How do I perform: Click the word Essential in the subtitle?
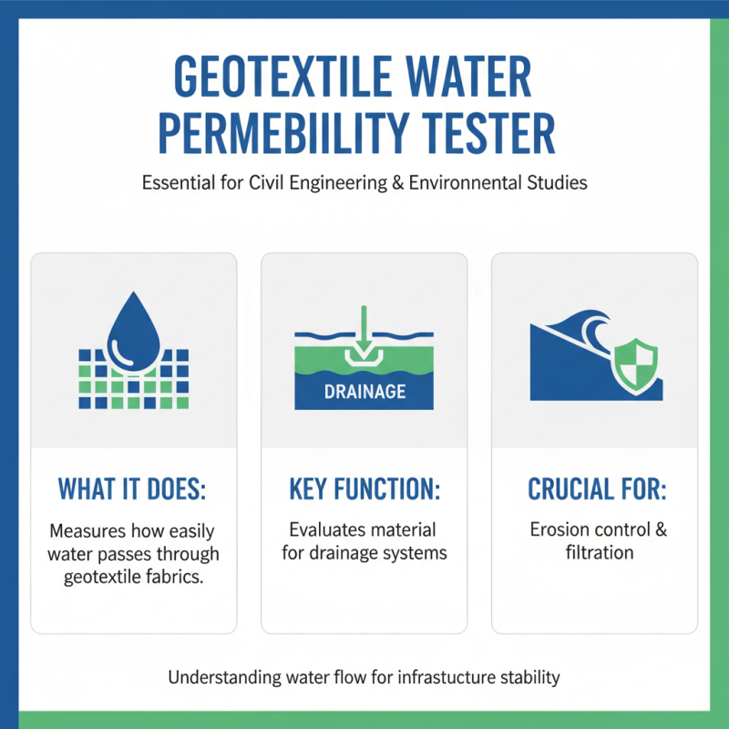[177, 182]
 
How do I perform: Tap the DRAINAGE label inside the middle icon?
[364, 393]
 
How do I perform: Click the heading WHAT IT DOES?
[133, 489]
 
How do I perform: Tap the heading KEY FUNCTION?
[364, 489]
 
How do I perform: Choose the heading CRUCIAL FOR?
[597, 489]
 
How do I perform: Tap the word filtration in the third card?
[597, 552]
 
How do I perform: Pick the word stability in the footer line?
[529, 678]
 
